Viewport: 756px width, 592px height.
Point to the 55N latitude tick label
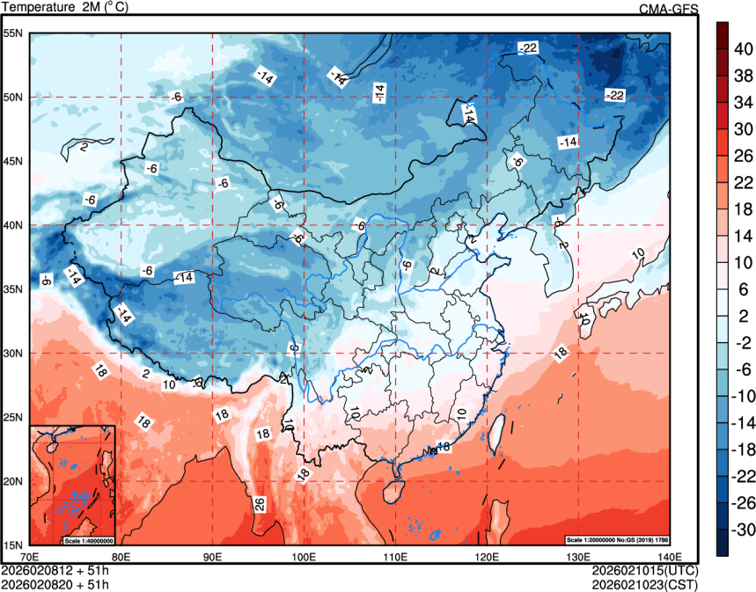tap(13, 33)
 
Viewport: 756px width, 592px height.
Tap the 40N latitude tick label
tap(13, 225)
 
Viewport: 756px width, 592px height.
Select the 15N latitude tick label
tap(13, 544)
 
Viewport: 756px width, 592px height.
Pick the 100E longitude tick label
tap(304, 556)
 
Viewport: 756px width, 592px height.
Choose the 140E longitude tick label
tap(670, 556)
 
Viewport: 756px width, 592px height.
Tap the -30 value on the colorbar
tap(745, 530)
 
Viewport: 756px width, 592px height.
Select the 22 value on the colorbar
tap(745, 182)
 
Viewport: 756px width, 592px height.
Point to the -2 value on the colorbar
tap(745, 342)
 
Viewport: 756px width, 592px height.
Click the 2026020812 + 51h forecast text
tap(55, 570)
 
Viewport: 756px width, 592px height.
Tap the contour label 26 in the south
tap(260, 504)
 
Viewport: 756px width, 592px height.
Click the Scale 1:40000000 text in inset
tap(89, 539)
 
